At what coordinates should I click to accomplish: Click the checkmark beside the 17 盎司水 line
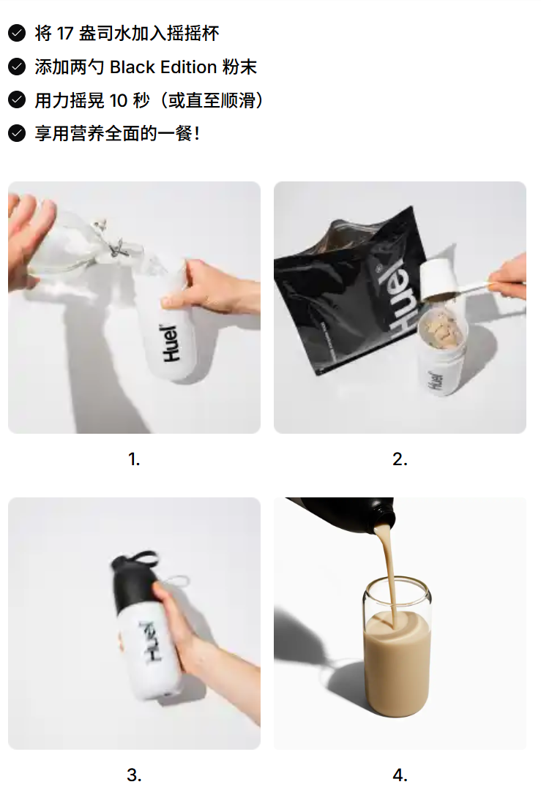pyautogui.click(x=16, y=33)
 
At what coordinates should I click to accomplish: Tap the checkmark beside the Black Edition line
pyautogui.click(x=16, y=67)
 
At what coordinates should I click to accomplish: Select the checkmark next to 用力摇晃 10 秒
pyautogui.click(x=16, y=100)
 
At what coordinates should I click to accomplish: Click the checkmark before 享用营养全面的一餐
pyautogui.click(x=16, y=133)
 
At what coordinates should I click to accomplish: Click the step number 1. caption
pyautogui.click(x=134, y=459)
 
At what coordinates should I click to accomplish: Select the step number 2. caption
pyautogui.click(x=400, y=459)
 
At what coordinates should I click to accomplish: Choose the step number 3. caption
pyautogui.click(x=134, y=775)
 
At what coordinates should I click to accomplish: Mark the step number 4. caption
pyautogui.click(x=400, y=775)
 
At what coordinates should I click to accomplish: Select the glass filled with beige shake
pyautogui.click(x=398, y=658)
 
